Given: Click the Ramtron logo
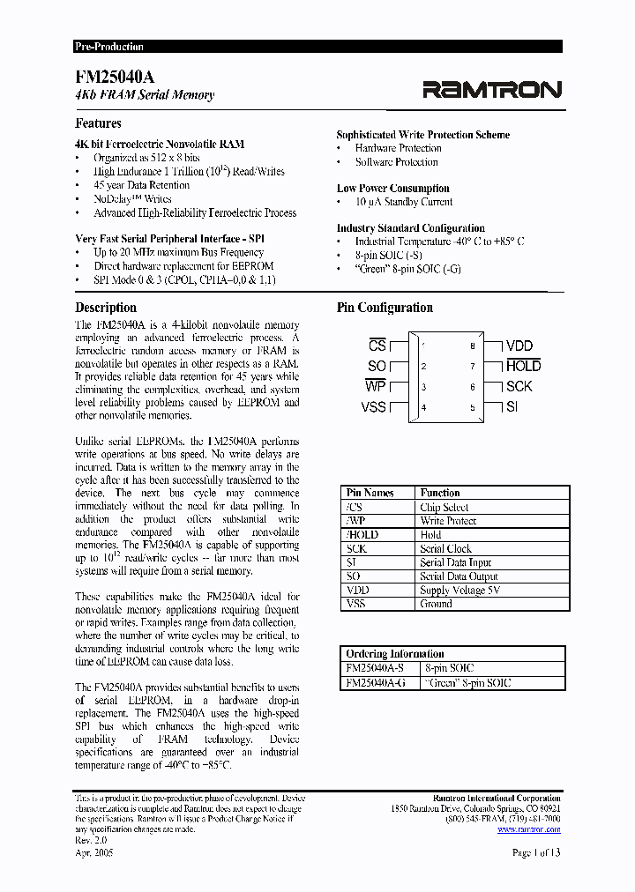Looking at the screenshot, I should click(x=492, y=89).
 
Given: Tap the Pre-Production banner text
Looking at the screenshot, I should click(x=108, y=47).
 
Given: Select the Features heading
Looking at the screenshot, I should click(x=98, y=123).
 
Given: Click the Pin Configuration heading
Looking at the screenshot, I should click(x=385, y=308).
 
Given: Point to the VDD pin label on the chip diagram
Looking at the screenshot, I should click(x=519, y=346).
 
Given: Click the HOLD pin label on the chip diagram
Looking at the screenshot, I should click(x=523, y=366).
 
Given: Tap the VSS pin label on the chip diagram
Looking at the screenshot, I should click(x=374, y=407).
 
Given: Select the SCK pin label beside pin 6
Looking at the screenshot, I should click(x=519, y=386).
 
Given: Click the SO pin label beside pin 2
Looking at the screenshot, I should click(x=377, y=367).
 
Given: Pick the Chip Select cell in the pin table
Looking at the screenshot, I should click(x=444, y=508).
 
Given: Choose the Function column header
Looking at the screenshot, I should click(x=440, y=493).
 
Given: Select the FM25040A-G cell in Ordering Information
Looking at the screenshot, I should click(x=376, y=682).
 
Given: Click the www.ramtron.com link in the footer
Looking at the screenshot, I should click(x=528, y=829).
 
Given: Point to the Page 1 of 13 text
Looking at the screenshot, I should click(x=536, y=852).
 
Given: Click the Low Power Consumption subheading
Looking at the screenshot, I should click(x=392, y=188).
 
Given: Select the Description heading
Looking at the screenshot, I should click(x=106, y=308).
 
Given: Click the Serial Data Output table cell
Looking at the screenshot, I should click(x=457, y=576).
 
